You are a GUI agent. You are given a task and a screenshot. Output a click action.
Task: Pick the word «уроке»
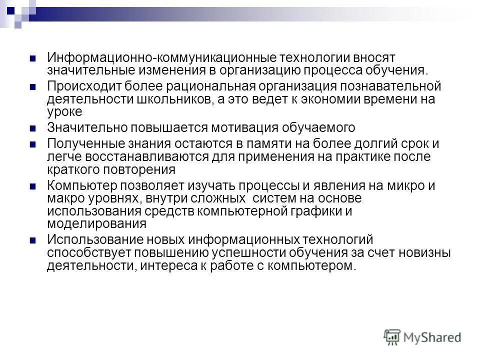pyautogui.click(x=64, y=111)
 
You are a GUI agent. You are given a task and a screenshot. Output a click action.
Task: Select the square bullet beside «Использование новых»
pyautogui.click(x=33, y=240)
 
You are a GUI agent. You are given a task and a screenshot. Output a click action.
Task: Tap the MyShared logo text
pyautogui.click(x=433, y=337)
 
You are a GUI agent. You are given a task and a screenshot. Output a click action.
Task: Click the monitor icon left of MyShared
pyautogui.click(x=392, y=337)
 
